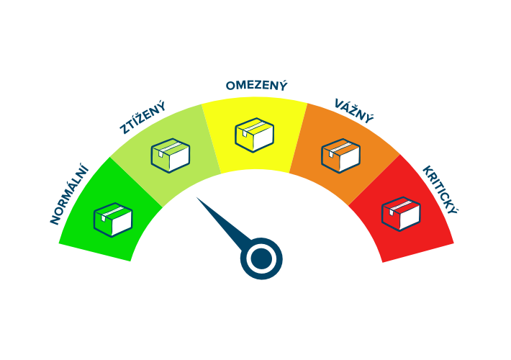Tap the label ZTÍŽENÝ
143,118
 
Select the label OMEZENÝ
256,86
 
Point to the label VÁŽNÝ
354,110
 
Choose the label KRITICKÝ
440,191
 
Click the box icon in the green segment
113,219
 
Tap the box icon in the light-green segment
170,155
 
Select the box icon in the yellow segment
255,135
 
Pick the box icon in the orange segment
340,156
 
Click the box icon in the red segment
401,214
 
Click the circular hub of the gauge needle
261,258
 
